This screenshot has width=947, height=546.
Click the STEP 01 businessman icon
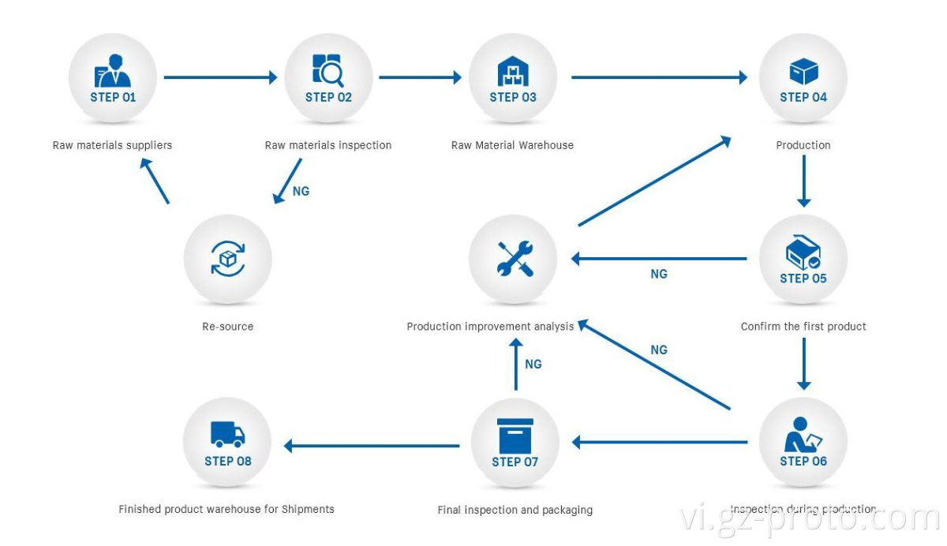112,71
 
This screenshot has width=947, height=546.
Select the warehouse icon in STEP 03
513,72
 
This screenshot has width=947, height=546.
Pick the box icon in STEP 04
803,72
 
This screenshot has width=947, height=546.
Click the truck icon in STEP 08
227,434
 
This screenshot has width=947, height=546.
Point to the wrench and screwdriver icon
515,259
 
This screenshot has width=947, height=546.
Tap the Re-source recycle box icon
228,258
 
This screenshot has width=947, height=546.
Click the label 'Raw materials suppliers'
112,145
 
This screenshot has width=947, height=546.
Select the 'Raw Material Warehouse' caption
512,145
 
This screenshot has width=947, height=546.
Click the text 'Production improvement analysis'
490,327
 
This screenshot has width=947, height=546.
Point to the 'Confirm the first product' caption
803,327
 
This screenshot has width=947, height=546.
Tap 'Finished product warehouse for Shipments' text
226,510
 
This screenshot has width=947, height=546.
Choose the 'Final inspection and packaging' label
515,510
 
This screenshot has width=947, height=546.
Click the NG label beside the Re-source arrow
301,192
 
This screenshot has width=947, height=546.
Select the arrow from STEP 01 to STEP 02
220,77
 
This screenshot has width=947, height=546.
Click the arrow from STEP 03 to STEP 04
659,77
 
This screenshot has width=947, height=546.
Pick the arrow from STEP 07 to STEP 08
372,446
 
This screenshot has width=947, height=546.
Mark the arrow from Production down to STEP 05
803,181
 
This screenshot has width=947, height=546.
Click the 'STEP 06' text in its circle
803,462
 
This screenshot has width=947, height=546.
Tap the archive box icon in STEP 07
515,435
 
